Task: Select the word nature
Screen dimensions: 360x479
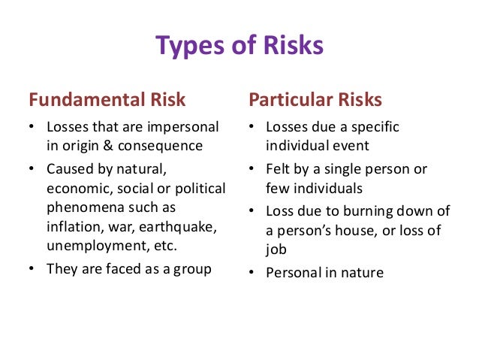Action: (360, 271)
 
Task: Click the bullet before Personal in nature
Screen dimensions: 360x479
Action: (253, 271)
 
